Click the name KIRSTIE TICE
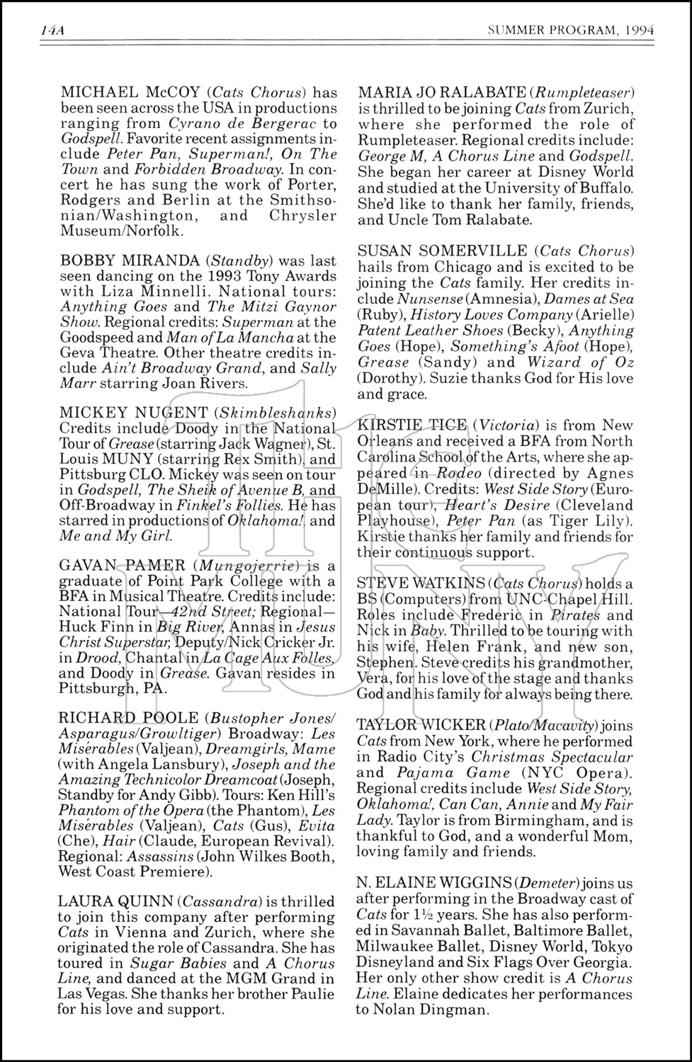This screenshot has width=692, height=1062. point(412,426)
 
